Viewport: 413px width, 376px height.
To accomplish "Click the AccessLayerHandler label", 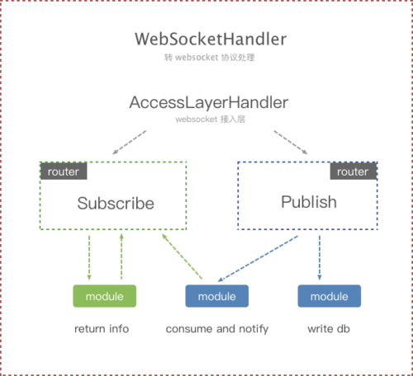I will click(x=208, y=103).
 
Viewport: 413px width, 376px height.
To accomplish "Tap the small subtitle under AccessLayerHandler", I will click(x=209, y=120).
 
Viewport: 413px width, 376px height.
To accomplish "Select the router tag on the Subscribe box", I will click(x=64, y=172).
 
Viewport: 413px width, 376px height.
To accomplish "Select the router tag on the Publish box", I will click(x=353, y=172).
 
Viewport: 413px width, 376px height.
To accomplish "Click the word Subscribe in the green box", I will click(x=116, y=203).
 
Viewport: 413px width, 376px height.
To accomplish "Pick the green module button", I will click(x=104, y=296).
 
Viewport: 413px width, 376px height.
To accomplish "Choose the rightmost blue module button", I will click(x=329, y=296).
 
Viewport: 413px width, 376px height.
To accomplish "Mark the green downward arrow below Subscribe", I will click(x=89, y=257).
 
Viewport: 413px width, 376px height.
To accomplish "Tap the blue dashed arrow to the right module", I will click(x=320, y=257).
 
